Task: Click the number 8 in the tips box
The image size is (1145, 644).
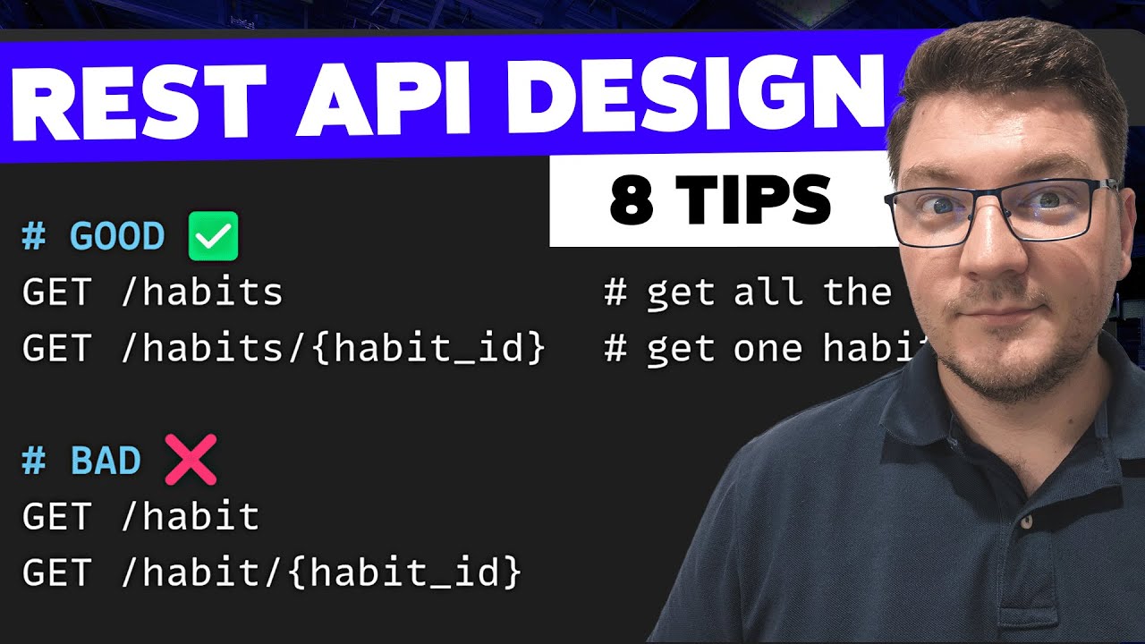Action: click(632, 199)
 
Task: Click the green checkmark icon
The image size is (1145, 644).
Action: click(213, 236)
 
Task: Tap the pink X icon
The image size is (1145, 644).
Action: click(191, 461)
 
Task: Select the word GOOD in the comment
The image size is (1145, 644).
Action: click(117, 237)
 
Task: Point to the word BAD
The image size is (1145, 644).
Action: click(106, 462)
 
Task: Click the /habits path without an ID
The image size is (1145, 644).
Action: click(201, 292)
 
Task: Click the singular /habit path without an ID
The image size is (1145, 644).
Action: click(190, 517)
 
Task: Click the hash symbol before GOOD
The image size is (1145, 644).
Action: click(34, 237)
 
